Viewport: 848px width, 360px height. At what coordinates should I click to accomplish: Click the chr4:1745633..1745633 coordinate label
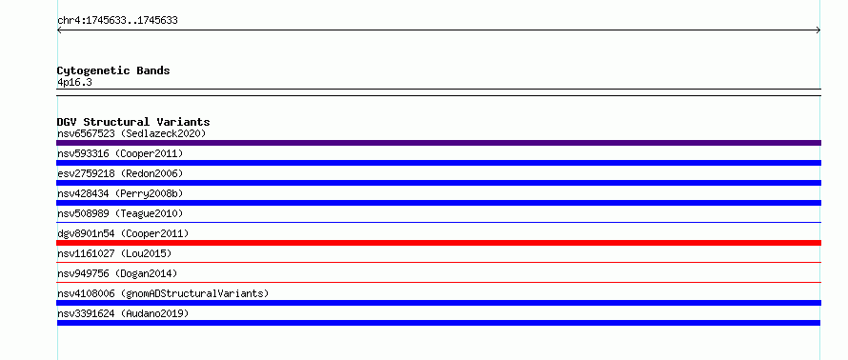[117, 21]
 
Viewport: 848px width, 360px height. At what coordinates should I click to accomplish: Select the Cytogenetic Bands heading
[113, 70]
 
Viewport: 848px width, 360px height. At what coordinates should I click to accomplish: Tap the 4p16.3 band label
[74, 83]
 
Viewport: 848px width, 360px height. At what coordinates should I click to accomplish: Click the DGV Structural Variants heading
[133, 122]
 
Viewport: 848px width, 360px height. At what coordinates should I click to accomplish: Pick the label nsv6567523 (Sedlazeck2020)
[131, 133]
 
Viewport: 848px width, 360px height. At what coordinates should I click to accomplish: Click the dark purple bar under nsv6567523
[438, 143]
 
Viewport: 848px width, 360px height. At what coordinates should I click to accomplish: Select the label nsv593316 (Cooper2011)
[120, 153]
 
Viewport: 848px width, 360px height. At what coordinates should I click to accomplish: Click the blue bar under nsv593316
[438, 163]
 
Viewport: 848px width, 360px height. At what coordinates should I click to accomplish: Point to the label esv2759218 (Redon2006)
[120, 173]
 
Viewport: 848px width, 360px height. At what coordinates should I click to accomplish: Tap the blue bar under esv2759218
[438, 183]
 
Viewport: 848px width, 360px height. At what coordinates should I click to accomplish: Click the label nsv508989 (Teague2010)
[120, 213]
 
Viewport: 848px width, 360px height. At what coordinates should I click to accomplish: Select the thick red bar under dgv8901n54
[438, 243]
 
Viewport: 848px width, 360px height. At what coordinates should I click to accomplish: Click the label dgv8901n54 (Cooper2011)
[123, 233]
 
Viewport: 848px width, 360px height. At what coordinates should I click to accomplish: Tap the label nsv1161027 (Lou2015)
[114, 253]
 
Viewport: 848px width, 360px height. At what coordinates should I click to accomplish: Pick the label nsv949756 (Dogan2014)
[117, 273]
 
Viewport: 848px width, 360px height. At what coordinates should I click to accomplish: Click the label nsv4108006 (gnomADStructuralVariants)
[163, 293]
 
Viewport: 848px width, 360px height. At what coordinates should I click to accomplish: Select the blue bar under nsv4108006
[438, 303]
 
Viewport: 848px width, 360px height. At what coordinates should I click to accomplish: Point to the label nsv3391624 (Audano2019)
[123, 313]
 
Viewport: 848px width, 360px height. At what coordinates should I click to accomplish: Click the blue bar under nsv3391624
[438, 323]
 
